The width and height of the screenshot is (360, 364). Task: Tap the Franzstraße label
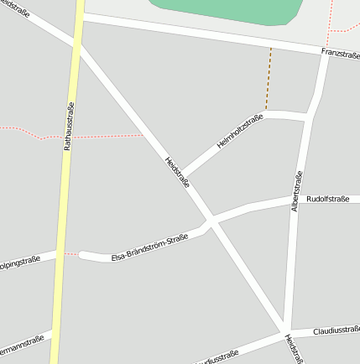tap(340, 55)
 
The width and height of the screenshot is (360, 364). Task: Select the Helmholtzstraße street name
tap(240, 132)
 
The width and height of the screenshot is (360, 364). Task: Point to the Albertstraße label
tap(296, 191)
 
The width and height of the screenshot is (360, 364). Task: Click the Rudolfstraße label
tap(328, 200)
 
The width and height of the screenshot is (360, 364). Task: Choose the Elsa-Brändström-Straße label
tap(150, 248)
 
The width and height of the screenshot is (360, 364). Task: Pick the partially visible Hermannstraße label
tap(20, 343)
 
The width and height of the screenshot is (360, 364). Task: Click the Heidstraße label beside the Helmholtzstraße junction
tap(177, 172)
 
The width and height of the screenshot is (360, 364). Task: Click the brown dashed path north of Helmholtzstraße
tap(269, 80)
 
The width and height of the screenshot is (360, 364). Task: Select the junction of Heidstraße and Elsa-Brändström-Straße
tap(210, 222)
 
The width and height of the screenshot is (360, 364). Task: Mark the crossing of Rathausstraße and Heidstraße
tap(78, 46)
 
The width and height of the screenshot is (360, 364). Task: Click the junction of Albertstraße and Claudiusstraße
tap(286, 331)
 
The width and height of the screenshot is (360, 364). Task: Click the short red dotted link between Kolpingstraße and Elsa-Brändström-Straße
tap(72, 252)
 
